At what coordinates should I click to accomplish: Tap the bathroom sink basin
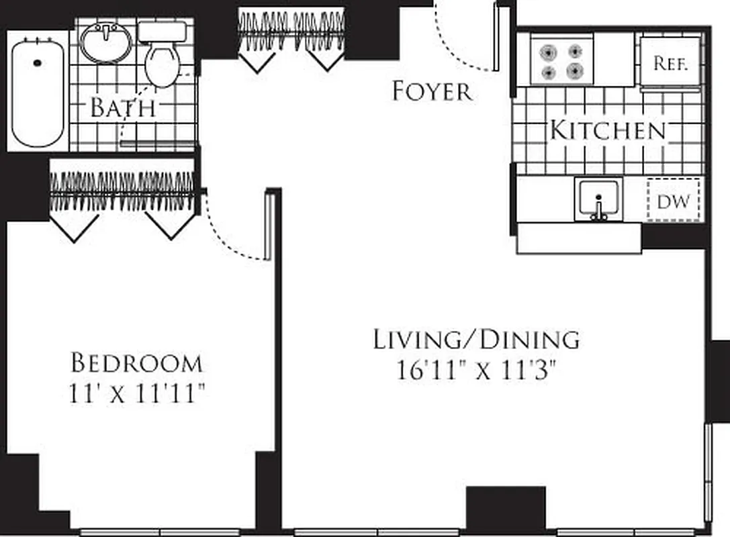[106, 43]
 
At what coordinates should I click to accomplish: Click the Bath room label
[123, 107]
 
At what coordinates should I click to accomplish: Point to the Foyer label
[432, 91]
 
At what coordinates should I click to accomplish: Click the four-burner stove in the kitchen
[561, 61]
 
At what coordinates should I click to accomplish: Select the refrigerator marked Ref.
[670, 63]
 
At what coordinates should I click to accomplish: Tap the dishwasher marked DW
[674, 200]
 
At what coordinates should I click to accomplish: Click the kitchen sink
[598, 199]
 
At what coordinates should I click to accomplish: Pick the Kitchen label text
[608, 130]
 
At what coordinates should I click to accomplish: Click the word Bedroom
[136, 363]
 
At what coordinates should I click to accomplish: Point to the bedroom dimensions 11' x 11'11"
[136, 393]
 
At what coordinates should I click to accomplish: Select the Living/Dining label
[476, 340]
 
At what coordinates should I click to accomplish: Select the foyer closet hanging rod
[292, 32]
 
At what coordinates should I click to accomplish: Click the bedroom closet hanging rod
[123, 193]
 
